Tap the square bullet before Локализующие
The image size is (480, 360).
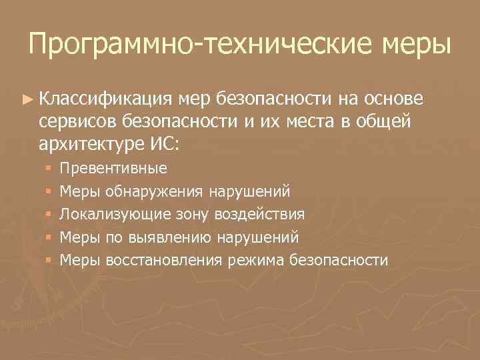tap(49, 215)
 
